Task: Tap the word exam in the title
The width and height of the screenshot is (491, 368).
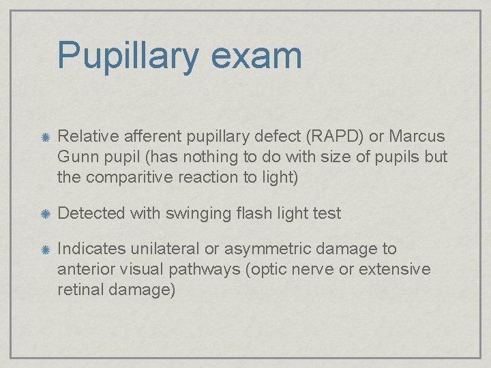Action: pyautogui.click(x=256, y=57)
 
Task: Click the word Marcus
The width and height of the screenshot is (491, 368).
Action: pyautogui.click(x=417, y=136)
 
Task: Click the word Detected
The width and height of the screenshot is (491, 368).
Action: pyautogui.click(x=91, y=213)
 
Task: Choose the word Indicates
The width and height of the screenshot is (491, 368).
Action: pyautogui.click(x=91, y=249)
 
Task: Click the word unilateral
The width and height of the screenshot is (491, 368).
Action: pyautogui.click(x=168, y=249)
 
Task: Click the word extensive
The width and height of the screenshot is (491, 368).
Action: pyautogui.click(x=394, y=269)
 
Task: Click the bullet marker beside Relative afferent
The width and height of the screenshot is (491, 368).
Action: pyautogui.click(x=44, y=138)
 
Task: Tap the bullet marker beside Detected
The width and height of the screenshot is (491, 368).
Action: pyautogui.click(x=44, y=214)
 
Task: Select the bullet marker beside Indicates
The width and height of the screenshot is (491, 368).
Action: pyautogui.click(x=44, y=250)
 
